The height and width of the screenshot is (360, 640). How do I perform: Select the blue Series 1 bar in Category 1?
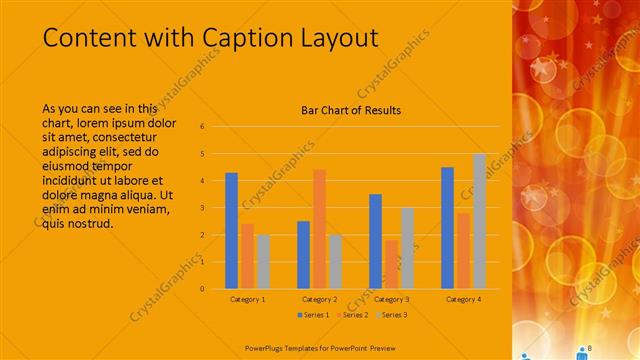(x=231, y=231)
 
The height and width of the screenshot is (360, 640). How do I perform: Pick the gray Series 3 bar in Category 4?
(x=479, y=221)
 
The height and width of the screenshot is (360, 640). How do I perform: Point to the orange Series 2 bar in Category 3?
(x=391, y=264)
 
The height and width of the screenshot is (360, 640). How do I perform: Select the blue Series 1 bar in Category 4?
(x=447, y=228)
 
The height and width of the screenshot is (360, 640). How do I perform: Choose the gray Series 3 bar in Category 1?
(x=263, y=262)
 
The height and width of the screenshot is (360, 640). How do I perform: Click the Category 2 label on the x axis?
(x=319, y=299)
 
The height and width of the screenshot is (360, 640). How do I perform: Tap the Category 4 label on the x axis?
(x=463, y=299)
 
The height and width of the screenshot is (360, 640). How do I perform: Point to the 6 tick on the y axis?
(x=202, y=127)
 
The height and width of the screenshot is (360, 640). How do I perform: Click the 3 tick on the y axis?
(x=202, y=208)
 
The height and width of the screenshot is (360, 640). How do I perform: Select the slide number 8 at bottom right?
(x=590, y=347)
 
